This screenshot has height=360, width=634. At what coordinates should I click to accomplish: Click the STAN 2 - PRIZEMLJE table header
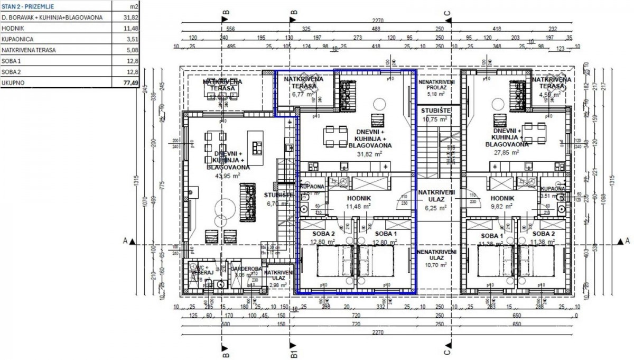point(24,6)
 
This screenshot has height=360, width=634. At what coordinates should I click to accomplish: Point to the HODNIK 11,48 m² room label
point(357,202)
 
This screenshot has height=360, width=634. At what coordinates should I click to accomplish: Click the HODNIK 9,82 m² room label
point(503,203)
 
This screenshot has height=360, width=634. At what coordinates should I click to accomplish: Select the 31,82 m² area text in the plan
point(371,154)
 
